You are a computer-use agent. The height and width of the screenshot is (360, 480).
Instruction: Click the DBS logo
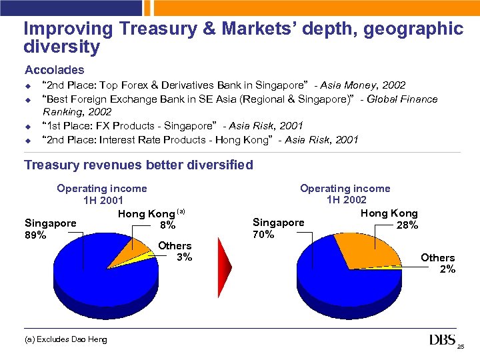[x=443, y=341]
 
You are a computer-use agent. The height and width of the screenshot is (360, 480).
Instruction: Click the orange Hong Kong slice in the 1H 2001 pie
[x=127, y=250]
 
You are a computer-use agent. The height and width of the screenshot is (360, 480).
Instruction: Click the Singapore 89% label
[x=50, y=229]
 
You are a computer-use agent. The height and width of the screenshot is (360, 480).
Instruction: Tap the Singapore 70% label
[x=278, y=228]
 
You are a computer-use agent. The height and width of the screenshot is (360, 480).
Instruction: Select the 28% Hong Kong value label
[x=407, y=225]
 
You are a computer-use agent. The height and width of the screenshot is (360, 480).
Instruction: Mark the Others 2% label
[x=438, y=263]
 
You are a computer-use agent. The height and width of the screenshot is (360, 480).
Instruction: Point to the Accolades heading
[x=55, y=69]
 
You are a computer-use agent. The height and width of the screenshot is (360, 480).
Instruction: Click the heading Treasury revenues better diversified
[x=139, y=165]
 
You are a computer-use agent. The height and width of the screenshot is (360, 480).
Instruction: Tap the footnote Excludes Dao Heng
[x=65, y=340]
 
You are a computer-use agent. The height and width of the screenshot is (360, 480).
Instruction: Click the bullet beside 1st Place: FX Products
[x=29, y=126]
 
